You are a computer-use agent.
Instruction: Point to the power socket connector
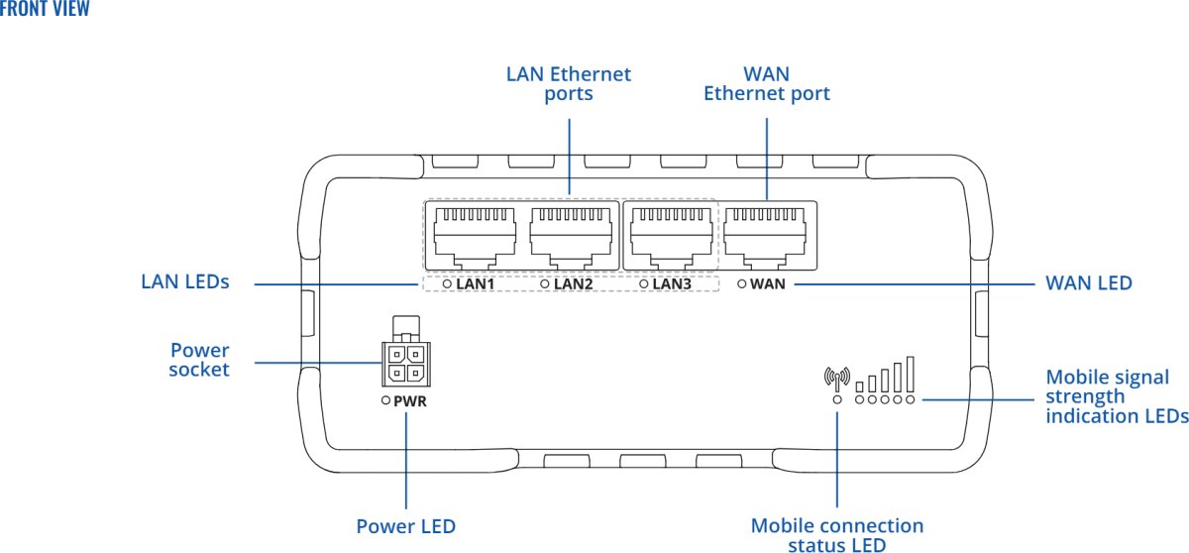(403, 363)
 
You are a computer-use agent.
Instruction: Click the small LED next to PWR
(386, 402)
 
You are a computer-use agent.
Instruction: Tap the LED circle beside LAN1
(447, 284)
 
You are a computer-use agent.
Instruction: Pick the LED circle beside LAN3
(644, 284)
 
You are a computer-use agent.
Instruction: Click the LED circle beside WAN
(742, 284)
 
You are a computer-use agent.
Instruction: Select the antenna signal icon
(837, 379)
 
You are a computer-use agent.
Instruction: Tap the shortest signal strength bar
(860, 385)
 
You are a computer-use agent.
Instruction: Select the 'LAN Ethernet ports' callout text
(569, 84)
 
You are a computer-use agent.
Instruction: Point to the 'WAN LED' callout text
(1089, 283)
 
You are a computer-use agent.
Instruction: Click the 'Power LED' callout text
(406, 526)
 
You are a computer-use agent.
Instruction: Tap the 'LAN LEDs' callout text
(184, 282)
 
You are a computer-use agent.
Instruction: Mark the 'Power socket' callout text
(199, 360)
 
